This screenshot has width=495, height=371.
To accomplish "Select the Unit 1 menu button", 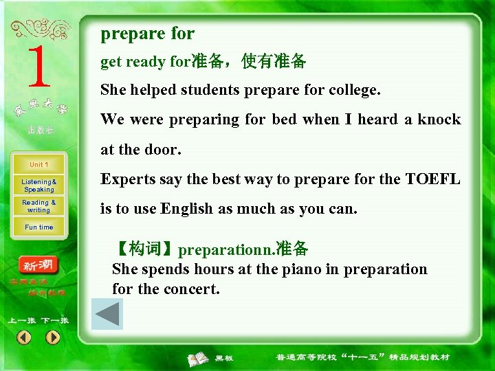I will (39, 165).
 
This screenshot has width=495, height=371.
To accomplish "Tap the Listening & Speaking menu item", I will (39, 185).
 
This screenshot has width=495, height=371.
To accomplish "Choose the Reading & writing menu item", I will (39, 206).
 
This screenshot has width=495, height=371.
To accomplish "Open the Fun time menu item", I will (39, 227).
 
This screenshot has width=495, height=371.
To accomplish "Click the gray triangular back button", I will (107, 313).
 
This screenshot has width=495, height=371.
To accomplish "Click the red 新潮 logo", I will (39, 266).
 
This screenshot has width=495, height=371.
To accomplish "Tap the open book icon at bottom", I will (199, 358).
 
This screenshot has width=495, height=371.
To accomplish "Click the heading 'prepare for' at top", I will (147, 34).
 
